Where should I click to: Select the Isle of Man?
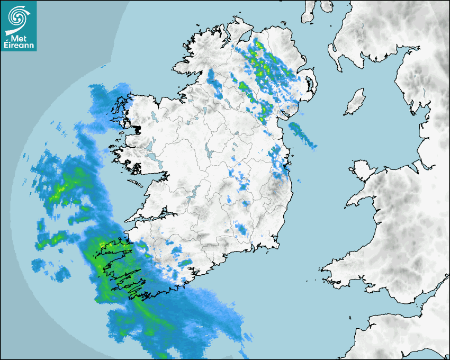tap(355, 102)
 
